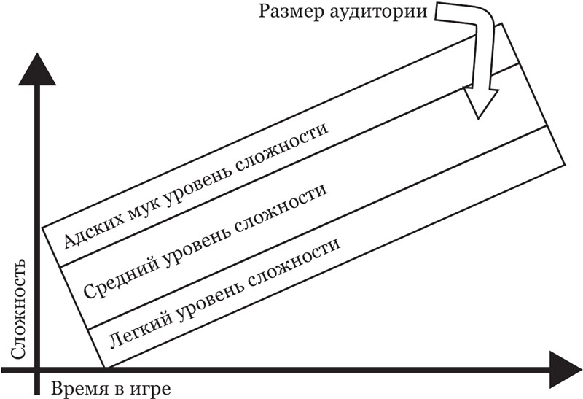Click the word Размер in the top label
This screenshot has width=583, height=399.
(286, 12)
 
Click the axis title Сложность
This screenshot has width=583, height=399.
(19, 307)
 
